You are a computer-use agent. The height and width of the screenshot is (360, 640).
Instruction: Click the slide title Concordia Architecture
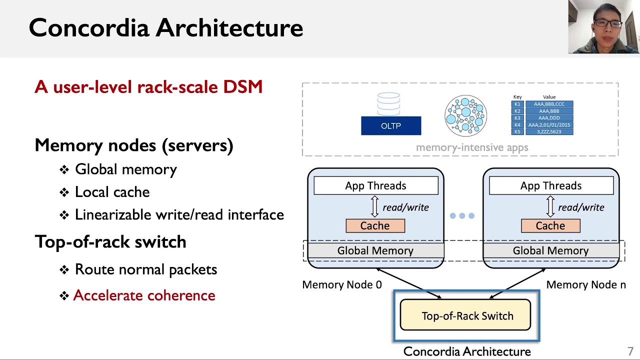pyautogui.click(x=165, y=28)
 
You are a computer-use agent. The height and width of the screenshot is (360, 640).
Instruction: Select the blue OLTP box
pyautogui.click(x=391, y=126)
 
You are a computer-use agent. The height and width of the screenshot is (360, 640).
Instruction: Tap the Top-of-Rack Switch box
pyautogui.click(x=465, y=315)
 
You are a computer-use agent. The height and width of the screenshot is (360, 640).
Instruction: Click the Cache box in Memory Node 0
pyautogui.click(x=375, y=226)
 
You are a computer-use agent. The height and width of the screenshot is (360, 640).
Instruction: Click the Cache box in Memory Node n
pyautogui.click(x=550, y=226)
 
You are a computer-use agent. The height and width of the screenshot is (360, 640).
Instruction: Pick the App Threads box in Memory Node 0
pyautogui.click(x=375, y=186)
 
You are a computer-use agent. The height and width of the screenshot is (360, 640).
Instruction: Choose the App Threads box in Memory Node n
pyautogui.click(x=551, y=186)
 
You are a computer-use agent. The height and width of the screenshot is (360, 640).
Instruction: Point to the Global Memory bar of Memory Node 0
pyautogui.click(x=375, y=250)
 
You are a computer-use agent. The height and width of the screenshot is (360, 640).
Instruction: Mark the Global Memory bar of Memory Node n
pyautogui.click(x=550, y=250)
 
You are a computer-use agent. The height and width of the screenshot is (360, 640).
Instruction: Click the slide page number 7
pyautogui.click(x=630, y=351)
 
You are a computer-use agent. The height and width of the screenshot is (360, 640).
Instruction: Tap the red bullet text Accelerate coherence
pyautogui.click(x=144, y=295)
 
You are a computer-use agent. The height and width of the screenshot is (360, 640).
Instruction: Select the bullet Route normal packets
pyautogui.click(x=145, y=269)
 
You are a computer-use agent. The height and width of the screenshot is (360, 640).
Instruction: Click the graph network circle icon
pyautogui.click(x=465, y=116)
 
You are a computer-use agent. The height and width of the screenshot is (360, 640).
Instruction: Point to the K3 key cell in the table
pyautogui.click(x=517, y=118)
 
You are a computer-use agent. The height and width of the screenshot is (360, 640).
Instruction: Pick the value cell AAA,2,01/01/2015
pyautogui.click(x=549, y=125)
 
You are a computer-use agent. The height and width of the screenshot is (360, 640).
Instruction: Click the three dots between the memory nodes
pyautogui.click(x=462, y=216)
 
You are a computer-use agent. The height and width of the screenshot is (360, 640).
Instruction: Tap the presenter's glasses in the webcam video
pyautogui.click(x=607, y=23)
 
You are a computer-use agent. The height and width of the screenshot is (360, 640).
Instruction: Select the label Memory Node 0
pyautogui.click(x=341, y=285)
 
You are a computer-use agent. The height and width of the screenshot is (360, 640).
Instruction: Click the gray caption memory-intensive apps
pyautogui.click(x=472, y=147)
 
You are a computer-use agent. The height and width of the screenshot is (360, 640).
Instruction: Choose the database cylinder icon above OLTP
pyautogui.click(x=388, y=103)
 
